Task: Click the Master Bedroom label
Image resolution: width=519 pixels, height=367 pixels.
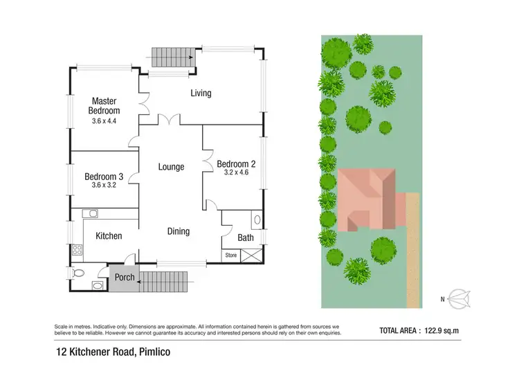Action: pos(104,106)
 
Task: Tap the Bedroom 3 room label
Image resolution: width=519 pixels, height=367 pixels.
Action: pos(104,176)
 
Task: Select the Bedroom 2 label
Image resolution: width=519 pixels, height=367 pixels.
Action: pos(237,164)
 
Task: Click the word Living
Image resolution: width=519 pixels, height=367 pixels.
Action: pos(201,93)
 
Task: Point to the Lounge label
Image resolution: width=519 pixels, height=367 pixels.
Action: pos(170,167)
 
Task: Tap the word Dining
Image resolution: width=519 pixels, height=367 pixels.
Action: pos(179,231)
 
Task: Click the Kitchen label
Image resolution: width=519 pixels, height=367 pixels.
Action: pos(109,236)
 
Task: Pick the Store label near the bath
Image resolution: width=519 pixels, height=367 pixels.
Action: pos(230,256)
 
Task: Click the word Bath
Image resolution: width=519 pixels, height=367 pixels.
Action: pos(246,238)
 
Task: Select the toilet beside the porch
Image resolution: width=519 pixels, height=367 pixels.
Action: pos(78,272)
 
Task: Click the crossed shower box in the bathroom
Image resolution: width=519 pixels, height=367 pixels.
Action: pos(251,256)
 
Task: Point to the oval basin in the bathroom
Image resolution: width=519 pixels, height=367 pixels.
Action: pos(257,222)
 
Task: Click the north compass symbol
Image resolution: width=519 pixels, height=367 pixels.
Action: pos(457,299)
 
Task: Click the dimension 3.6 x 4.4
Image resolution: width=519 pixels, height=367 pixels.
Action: pos(105,121)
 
